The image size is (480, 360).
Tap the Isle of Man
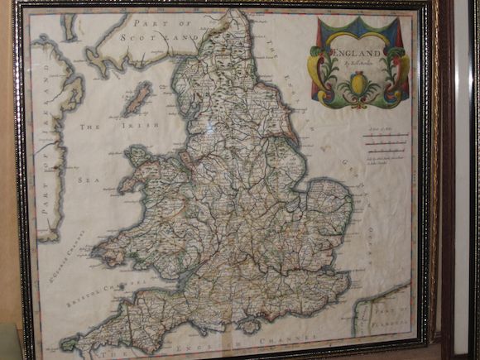[137, 100]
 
